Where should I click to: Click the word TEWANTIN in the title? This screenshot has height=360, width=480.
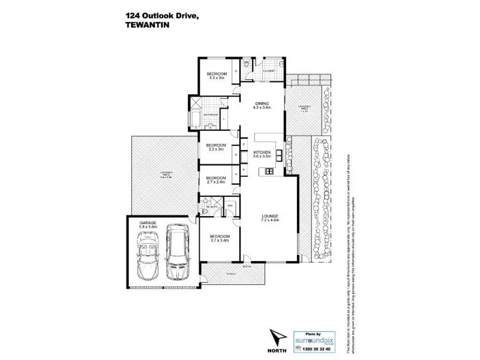147,25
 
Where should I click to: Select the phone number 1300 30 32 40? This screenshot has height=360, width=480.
319,347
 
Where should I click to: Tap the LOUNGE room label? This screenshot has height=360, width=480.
269,217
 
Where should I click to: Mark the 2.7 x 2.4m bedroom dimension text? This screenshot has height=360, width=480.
216,182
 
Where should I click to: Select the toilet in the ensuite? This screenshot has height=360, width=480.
205,211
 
